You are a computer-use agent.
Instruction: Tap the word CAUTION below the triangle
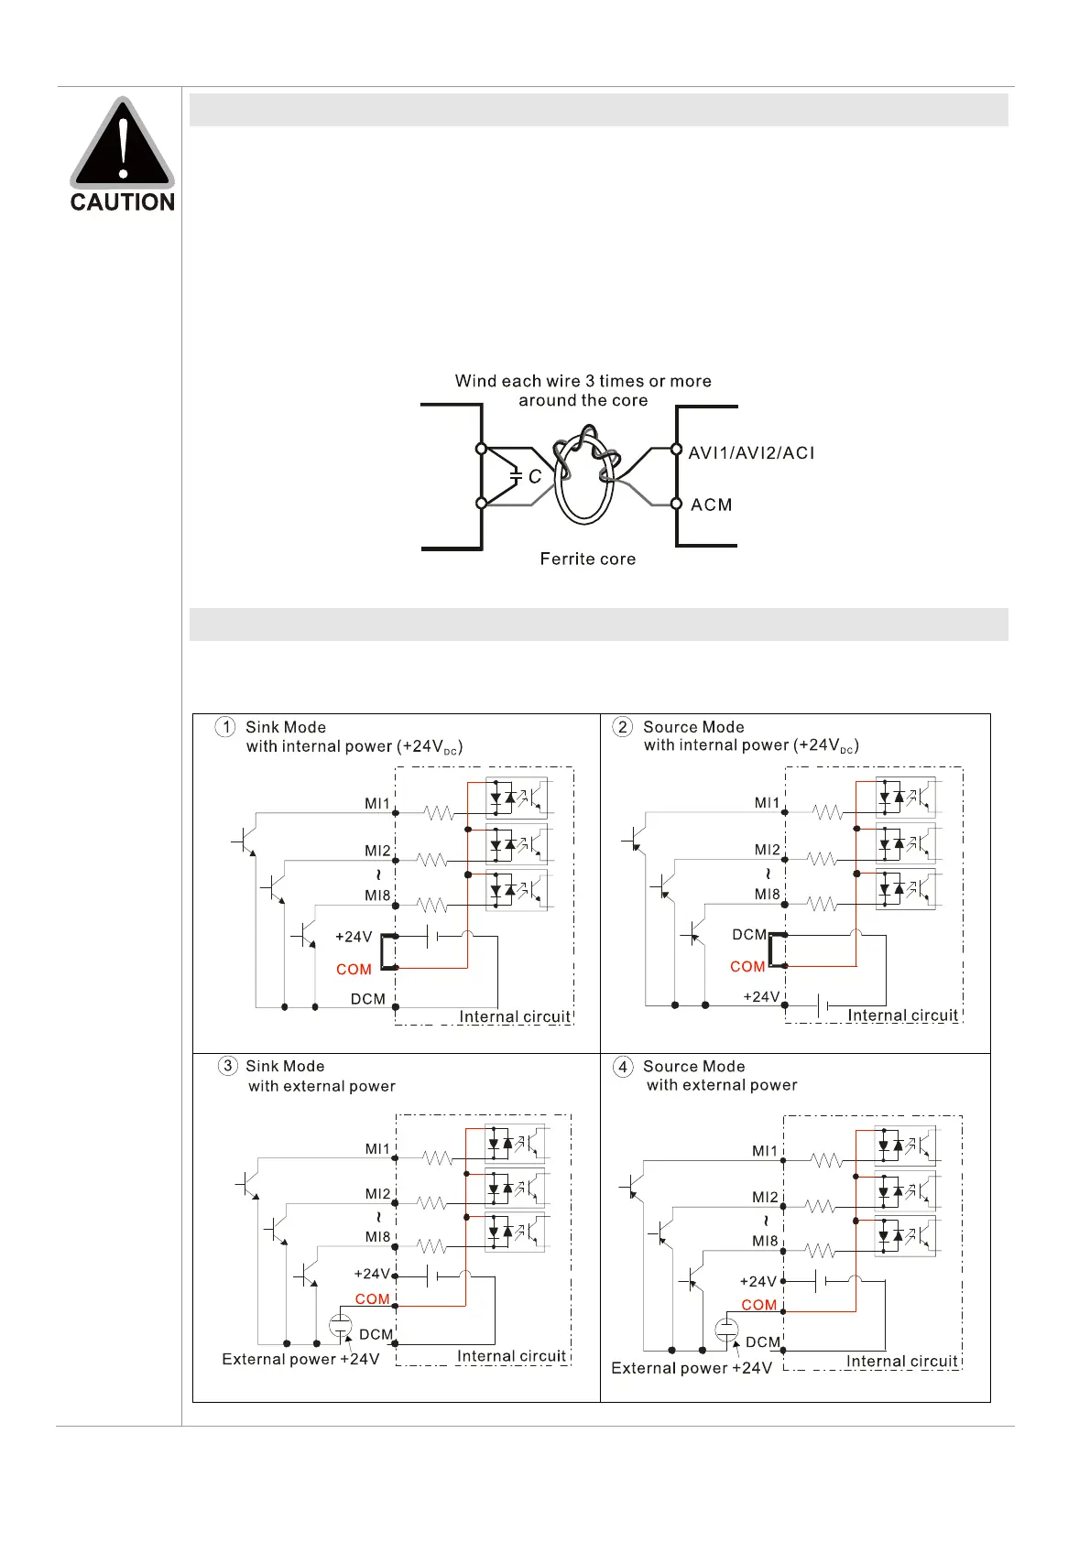[122, 202]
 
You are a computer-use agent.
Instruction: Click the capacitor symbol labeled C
[517, 476]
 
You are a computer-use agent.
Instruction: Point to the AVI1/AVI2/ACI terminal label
[751, 452]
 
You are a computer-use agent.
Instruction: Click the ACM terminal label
[712, 505]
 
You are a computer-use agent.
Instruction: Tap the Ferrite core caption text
[587, 559]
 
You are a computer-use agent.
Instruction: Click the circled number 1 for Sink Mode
[225, 727]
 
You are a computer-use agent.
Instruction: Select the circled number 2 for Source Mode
[623, 727]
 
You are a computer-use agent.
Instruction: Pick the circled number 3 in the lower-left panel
[227, 1066]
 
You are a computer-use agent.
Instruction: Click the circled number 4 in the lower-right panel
[623, 1067]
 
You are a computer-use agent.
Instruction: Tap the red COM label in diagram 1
[354, 969]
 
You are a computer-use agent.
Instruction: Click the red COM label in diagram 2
[747, 966]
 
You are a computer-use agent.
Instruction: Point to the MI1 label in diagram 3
[377, 1148]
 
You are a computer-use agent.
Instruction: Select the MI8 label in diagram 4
[765, 1241]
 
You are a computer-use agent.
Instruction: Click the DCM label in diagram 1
[368, 999]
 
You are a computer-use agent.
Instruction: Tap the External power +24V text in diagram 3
[300, 1359]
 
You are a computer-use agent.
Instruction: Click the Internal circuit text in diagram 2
[902, 1015]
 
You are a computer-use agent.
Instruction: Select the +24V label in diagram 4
[758, 1281]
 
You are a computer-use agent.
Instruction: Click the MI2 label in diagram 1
[377, 851]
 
